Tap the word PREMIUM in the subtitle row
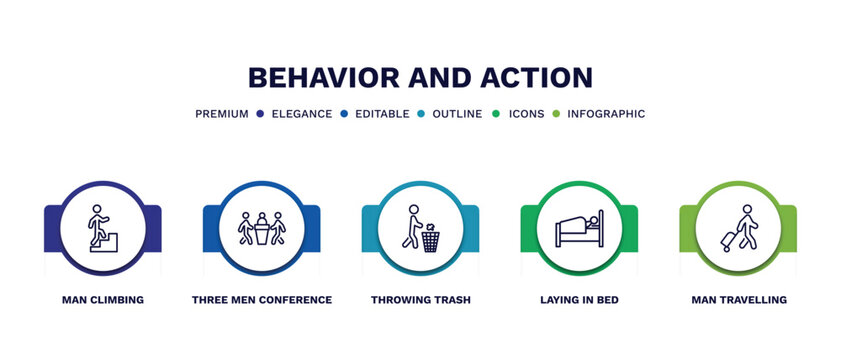click(x=222, y=114)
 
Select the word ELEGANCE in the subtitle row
click(x=301, y=114)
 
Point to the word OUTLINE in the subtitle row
click(x=457, y=114)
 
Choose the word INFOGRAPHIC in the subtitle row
click(x=606, y=114)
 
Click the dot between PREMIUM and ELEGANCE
click(x=260, y=114)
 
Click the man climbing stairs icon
click(x=102, y=228)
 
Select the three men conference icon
click(x=261, y=228)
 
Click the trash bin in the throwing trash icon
click(x=430, y=239)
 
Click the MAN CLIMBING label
click(x=102, y=300)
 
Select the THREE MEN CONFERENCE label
click(x=261, y=300)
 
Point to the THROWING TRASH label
click(x=420, y=300)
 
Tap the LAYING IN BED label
click(x=579, y=300)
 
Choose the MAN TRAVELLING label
click(x=738, y=300)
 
